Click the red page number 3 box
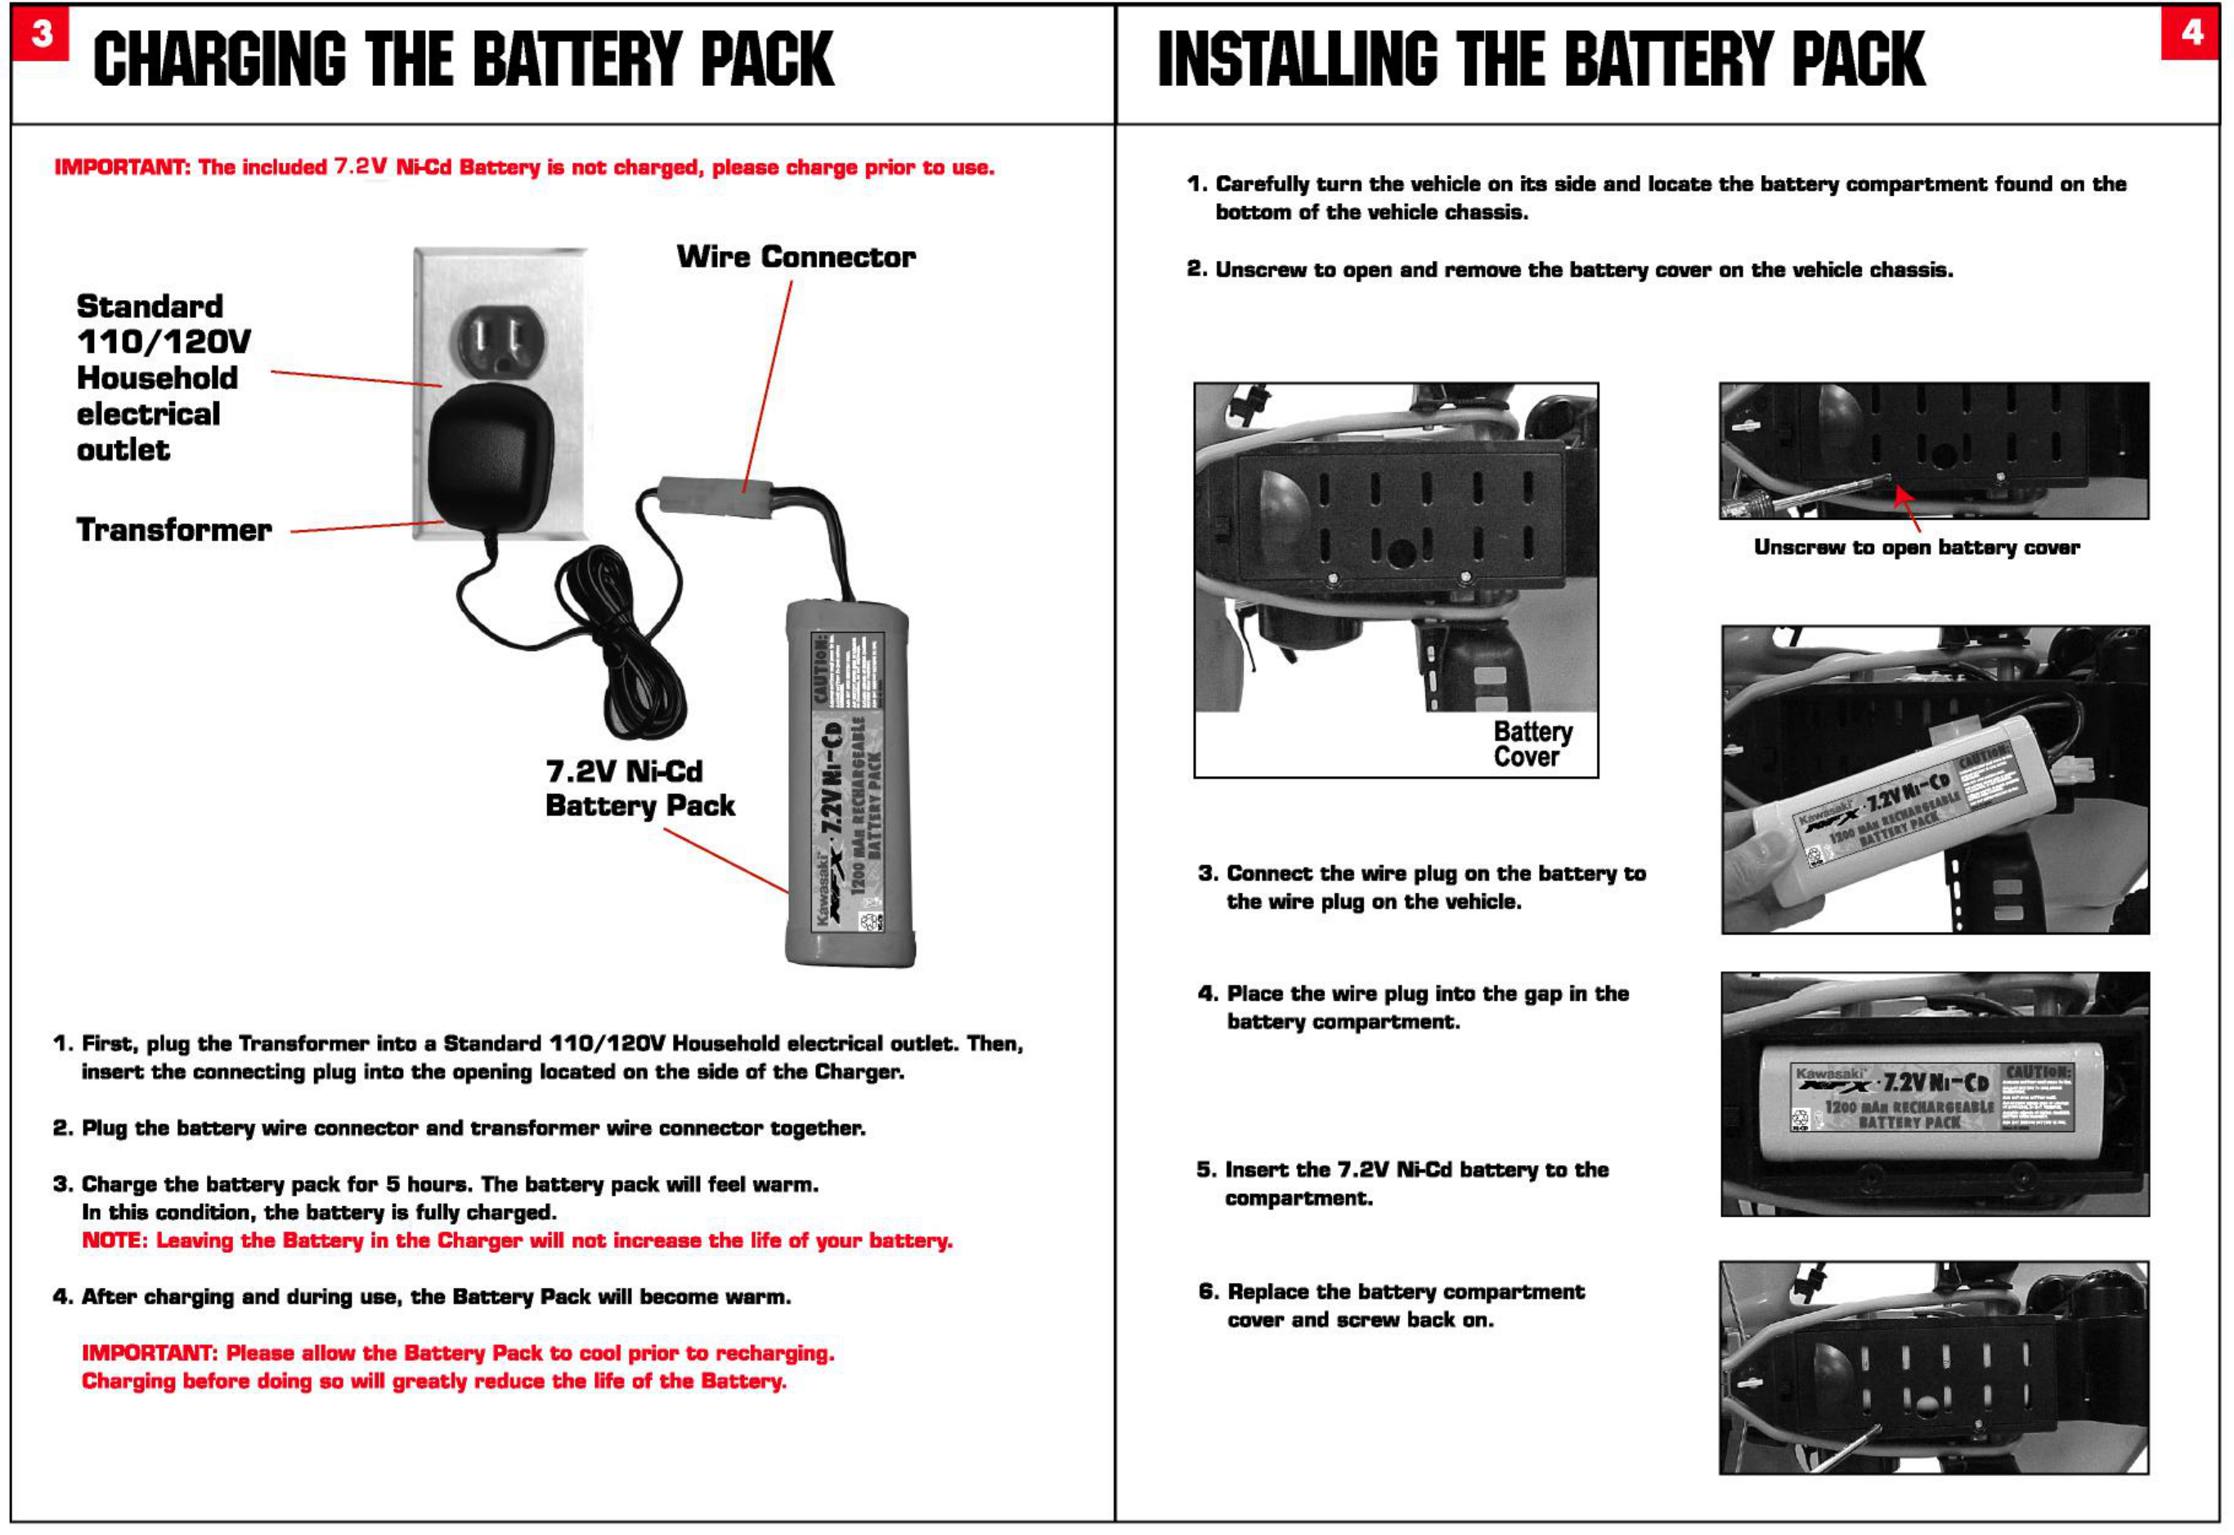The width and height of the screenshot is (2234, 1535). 40,34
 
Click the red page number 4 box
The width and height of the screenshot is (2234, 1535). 2190,34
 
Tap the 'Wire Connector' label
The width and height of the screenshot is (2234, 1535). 796,257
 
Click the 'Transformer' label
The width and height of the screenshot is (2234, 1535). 174,530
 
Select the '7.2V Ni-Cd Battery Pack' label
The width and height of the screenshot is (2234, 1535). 639,788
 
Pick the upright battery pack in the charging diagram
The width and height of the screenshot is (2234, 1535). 848,783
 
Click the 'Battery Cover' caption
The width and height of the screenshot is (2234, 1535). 1533,744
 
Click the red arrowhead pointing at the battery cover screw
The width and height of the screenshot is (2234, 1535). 1902,496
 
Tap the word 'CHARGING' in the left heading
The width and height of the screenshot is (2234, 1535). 219,60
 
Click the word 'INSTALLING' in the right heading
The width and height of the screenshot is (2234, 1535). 1299,60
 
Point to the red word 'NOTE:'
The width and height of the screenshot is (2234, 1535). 114,1241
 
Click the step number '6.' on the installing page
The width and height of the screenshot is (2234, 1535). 1209,1291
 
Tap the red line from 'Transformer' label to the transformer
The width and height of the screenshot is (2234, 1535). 366,526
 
